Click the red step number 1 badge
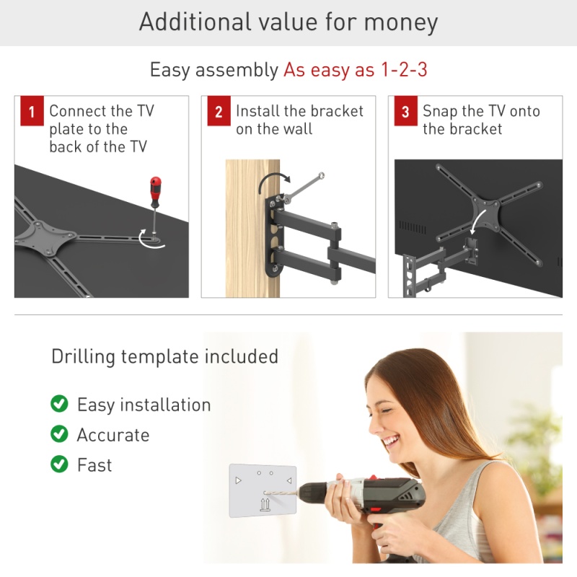(x=32, y=111)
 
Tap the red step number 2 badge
(x=219, y=111)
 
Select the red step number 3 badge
(x=406, y=111)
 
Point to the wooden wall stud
(x=252, y=228)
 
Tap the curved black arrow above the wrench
(x=273, y=182)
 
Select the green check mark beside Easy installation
(x=59, y=404)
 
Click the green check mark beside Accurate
(x=59, y=434)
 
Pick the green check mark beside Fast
(x=59, y=464)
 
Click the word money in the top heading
(x=401, y=23)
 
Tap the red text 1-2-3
(x=404, y=69)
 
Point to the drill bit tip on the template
(x=265, y=493)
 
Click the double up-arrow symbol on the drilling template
(x=265, y=504)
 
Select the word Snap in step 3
(x=440, y=112)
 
